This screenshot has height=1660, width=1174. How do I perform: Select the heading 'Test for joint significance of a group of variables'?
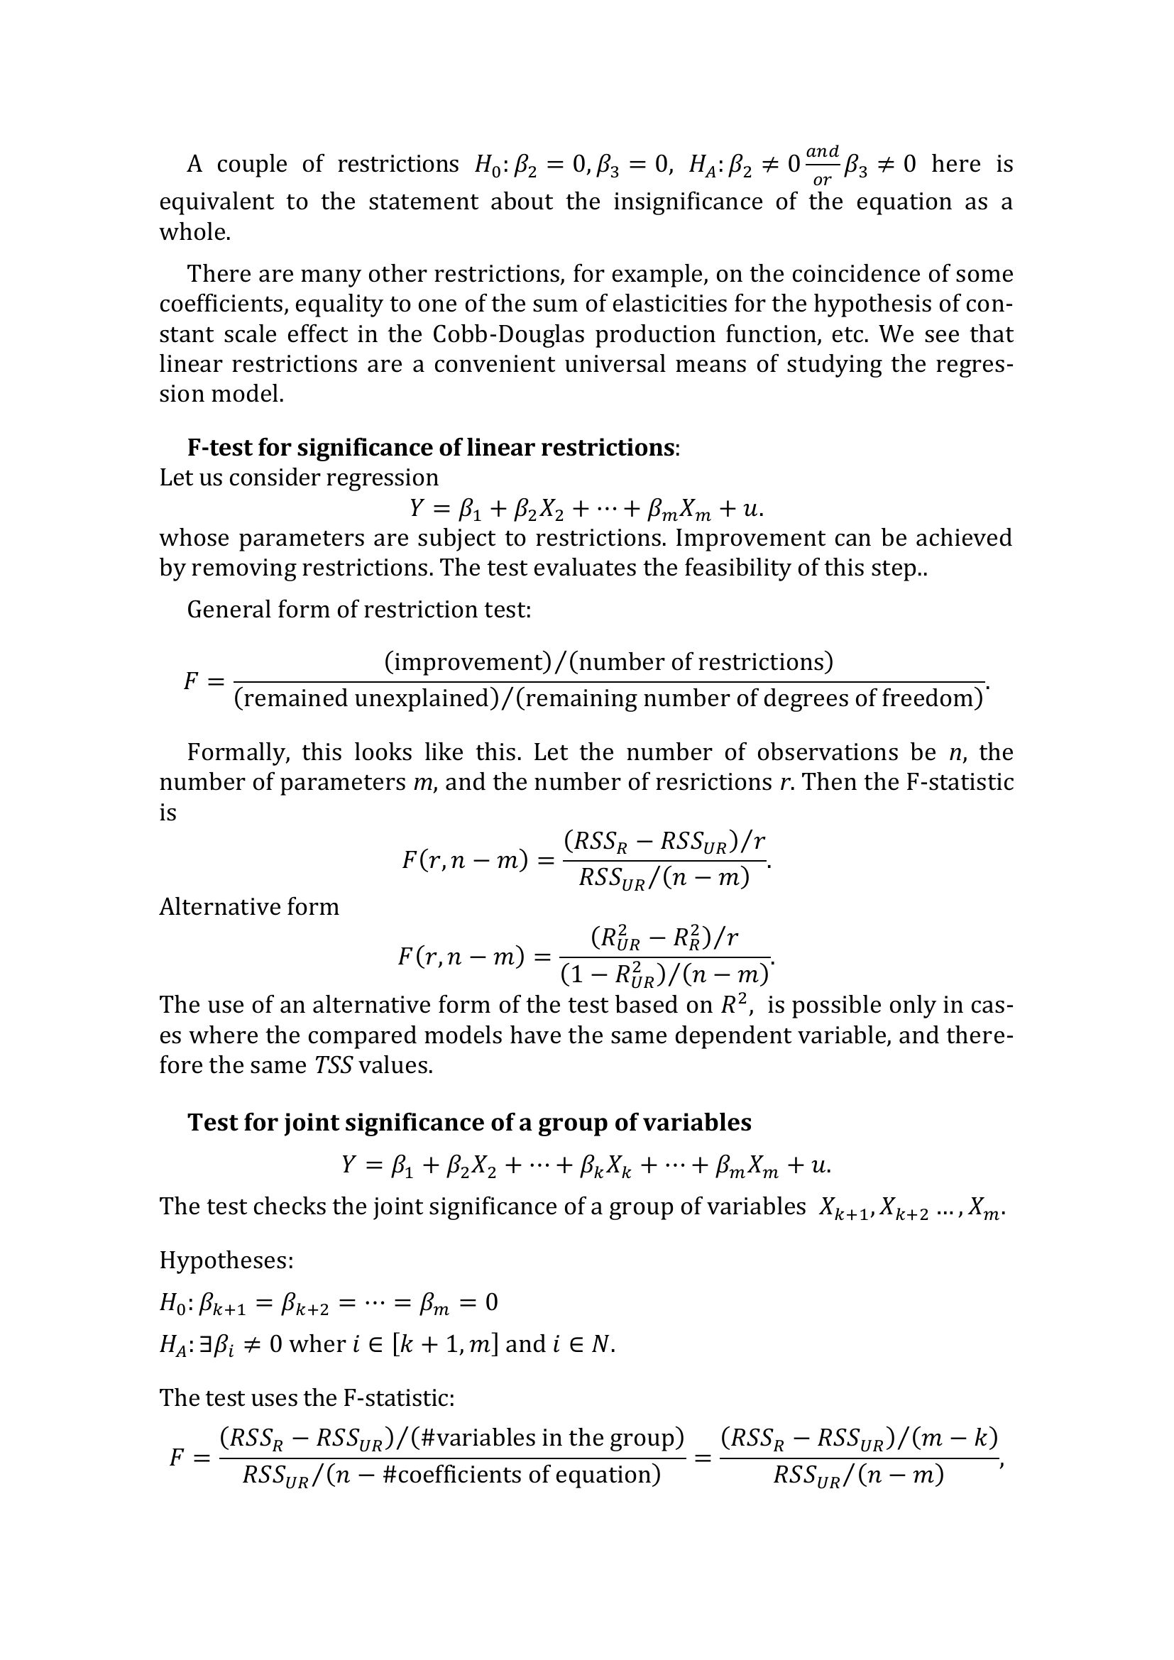coord(469,1122)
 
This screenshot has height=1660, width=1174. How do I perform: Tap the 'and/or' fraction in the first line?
coord(822,165)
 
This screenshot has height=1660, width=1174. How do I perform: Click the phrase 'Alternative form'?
coord(248,906)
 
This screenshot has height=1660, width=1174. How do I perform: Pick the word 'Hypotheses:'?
coord(226,1260)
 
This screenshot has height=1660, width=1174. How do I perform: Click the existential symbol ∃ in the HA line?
coord(193,1344)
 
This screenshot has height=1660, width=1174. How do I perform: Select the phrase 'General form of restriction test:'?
coord(359,610)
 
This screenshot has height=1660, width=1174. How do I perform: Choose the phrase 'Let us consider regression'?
coord(299,478)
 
